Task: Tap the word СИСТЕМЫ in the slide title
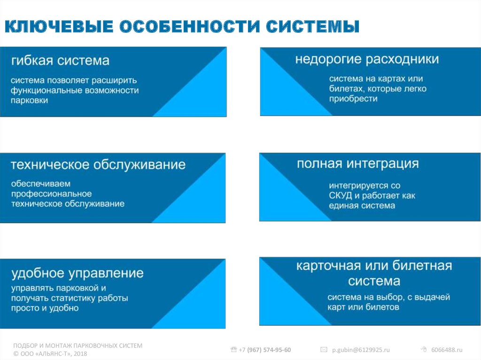click(x=312, y=26)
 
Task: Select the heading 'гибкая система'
click(x=60, y=61)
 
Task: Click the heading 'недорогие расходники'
click(x=367, y=59)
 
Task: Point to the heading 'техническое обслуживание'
click(x=98, y=165)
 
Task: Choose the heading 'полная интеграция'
click(x=357, y=164)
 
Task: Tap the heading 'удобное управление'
click(x=78, y=273)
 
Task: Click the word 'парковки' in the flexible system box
click(x=29, y=100)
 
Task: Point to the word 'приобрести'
click(x=353, y=99)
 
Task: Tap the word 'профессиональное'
click(x=51, y=194)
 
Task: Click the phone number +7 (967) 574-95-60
click(x=265, y=350)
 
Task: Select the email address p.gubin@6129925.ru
click(x=361, y=350)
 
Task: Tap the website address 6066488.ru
click(x=447, y=350)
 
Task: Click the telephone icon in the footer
click(x=234, y=349)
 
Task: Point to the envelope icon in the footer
click(x=324, y=350)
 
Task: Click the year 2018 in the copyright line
click(x=80, y=353)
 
